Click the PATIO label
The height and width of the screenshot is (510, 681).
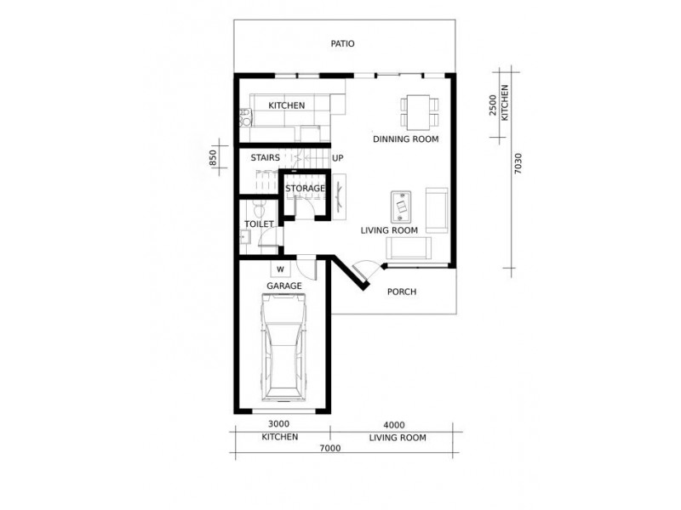click(343, 43)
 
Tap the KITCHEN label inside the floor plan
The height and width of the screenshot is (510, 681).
click(287, 105)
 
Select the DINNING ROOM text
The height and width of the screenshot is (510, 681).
click(406, 139)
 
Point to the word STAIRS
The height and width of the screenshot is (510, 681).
click(266, 158)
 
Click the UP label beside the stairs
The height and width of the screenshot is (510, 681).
click(337, 158)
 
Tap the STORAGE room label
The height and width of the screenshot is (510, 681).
click(305, 188)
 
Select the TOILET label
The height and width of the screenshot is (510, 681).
click(259, 224)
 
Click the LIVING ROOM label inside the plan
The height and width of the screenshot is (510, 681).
click(389, 229)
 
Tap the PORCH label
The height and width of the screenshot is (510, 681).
click(401, 292)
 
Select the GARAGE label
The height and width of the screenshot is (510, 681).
click(283, 286)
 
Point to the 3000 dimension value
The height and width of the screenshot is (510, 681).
click(279, 424)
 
